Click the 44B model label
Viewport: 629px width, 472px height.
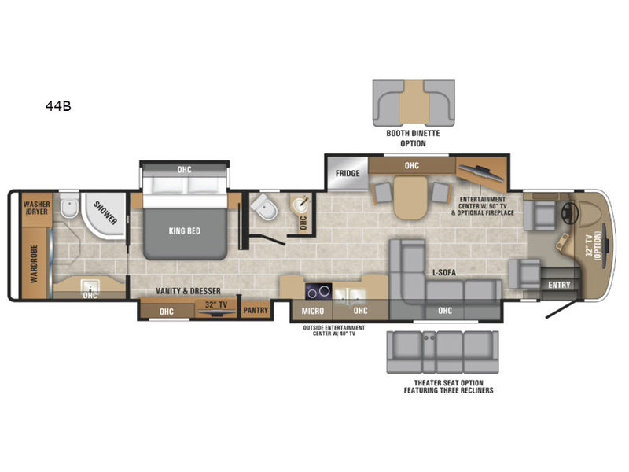pyautogui.click(x=58, y=106)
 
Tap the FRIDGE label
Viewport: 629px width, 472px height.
pyautogui.click(x=348, y=173)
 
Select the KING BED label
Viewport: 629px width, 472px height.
pyautogui.click(x=185, y=230)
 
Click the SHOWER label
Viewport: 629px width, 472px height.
pyautogui.click(x=105, y=212)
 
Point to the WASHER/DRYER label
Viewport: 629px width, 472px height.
pyautogui.click(x=36, y=208)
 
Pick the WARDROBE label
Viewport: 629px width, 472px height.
pyautogui.click(x=34, y=264)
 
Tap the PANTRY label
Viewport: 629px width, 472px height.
pyautogui.click(x=256, y=310)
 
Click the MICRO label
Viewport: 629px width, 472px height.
pyautogui.click(x=312, y=311)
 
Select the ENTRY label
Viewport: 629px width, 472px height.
pyautogui.click(x=559, y=285)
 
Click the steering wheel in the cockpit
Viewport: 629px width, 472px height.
pyautogui.click(x=568, y=212)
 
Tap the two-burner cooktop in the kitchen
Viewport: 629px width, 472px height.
pyautogui.click(x=318, y=291)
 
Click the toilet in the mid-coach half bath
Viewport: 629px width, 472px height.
pyautogui.click(x=265, y=208)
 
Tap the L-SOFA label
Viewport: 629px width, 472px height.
pyautogui.click(x=444, y=272)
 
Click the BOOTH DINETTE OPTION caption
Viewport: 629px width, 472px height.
pyautogui.click(x=414, y=138)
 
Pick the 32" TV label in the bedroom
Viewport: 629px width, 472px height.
pyautogui.click(x=216, y=304)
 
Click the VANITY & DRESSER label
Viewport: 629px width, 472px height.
pyautogui.click(x=188, y=291)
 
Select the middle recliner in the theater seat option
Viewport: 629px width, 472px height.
pyautogui.click(x=449, y=352)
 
